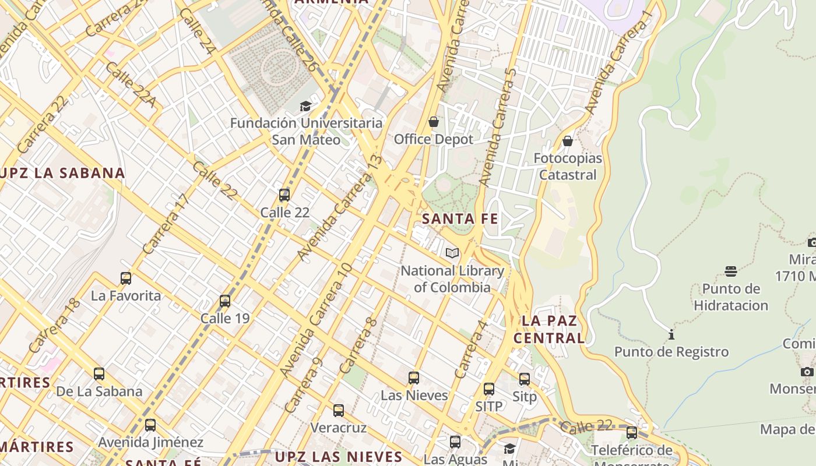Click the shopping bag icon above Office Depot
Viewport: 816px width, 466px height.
pos(433,122)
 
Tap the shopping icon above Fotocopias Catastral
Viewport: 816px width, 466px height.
pos(567,141)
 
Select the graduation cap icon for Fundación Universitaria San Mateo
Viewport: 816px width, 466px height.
pos(305,106)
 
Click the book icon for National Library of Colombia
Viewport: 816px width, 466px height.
pos(452,253)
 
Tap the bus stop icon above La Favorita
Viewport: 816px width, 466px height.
pos(126,278)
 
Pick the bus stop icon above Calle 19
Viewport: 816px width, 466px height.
pos(225,301)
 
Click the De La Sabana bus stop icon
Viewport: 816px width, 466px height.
pos(99,374)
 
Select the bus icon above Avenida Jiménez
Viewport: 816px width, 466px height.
pos(150,425)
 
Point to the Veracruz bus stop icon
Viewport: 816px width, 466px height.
pos(339,411)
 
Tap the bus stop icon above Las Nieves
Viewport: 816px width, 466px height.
pos(414,378)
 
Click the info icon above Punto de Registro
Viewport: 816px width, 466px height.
pos(671,334)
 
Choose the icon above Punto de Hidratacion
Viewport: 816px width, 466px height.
pos(731,271)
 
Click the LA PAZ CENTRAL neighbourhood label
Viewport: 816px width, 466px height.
pos(549,329)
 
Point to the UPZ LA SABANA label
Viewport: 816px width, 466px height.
pos(62,173)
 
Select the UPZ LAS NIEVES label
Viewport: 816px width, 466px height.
pos(339,456)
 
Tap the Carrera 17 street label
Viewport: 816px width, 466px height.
pos(166,224)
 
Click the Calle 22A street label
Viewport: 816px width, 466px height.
pos(131,85)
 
